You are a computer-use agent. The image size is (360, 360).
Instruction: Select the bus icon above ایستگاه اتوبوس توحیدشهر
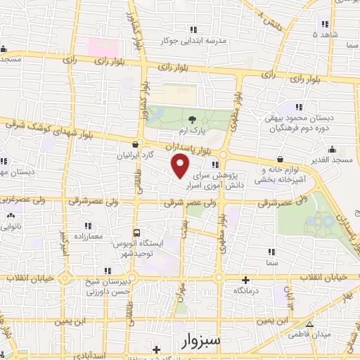136,233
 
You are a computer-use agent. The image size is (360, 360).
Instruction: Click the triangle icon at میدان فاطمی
310,323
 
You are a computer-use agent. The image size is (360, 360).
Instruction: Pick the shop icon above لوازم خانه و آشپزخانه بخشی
280,159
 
